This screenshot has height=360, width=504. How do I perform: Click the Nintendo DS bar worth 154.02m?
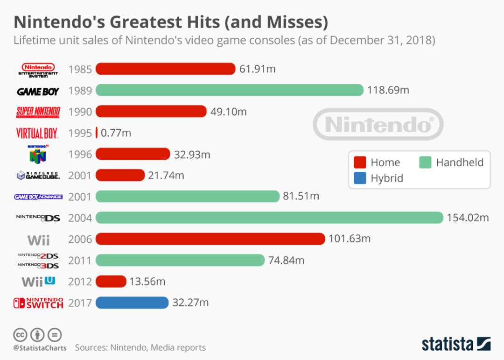click(269, 218)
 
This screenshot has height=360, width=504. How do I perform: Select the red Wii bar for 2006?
click(210, 239)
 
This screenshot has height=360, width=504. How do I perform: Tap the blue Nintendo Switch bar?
click(132, 303)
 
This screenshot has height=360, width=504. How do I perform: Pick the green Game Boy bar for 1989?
click(229, 90)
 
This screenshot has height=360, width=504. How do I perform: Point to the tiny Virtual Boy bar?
click(97, 133)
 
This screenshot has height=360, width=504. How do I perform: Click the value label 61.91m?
click(257, 69)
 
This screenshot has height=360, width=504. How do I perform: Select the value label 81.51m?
click(301, 196)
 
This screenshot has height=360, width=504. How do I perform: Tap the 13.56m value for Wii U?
click(147, 282)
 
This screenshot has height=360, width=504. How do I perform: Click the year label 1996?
click(80, 154)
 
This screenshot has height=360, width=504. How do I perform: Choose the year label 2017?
click(80, 303)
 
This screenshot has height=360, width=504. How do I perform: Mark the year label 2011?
click(80, 261)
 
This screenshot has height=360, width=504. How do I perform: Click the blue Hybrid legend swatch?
click(359, 178)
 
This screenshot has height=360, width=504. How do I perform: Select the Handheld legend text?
click(460, 162)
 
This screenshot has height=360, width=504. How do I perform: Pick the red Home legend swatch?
click(359, 162)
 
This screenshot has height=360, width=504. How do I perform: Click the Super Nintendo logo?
click(38, 112)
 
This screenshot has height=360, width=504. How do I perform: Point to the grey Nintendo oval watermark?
click(378, 124)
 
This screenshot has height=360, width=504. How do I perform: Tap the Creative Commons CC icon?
click(20, 335)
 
